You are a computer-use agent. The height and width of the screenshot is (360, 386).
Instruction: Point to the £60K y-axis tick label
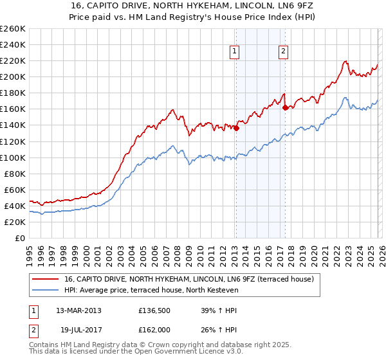click(x=14, y=190)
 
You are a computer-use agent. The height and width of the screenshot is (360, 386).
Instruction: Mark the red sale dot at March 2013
click(x=236, y=128)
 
